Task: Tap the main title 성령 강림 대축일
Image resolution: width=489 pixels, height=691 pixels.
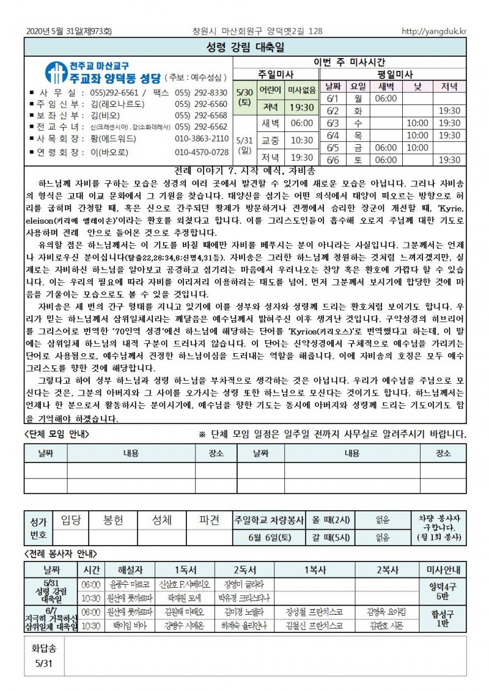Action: click(244, 48)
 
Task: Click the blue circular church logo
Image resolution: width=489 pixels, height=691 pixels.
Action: click(57, 71)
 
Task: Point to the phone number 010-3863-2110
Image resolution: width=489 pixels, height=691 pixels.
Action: click(201, 139)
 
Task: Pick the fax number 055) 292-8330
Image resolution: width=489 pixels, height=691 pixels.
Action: click(201, 93)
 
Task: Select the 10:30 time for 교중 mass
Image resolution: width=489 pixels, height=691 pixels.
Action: click(301, 140)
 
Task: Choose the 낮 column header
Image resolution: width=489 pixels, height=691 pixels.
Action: click(417, 87)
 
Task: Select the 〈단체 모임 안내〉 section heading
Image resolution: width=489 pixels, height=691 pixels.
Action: click(57, 434)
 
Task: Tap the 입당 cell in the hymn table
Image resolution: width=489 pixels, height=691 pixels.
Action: click(71, 520)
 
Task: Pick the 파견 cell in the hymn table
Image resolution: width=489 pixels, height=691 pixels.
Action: click(209, 520)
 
